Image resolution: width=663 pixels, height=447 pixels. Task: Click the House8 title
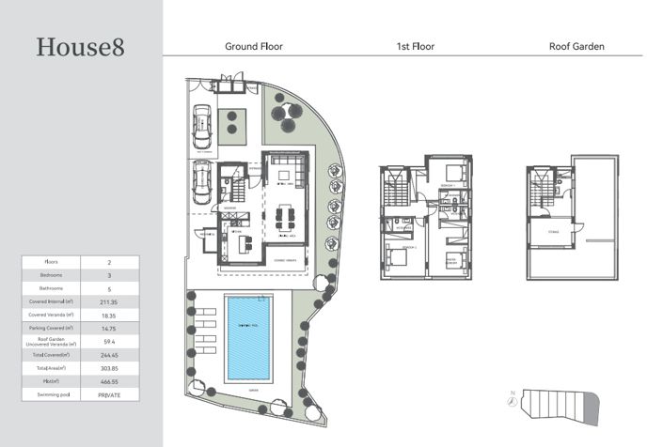(x=80, y=47)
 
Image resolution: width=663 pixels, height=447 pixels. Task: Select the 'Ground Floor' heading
(x=253, y=46)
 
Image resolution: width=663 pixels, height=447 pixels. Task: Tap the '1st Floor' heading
(x=415, y=46)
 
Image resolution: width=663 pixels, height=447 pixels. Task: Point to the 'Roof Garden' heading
(x=576, y=46)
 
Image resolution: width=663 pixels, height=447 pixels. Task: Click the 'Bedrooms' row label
(x=51, y=275)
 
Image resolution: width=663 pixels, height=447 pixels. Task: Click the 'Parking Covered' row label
(x=51, y=329)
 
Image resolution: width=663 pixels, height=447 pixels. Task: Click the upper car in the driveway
(x=201, y=124)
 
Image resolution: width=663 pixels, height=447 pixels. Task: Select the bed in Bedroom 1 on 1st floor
(x=454, y=173)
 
